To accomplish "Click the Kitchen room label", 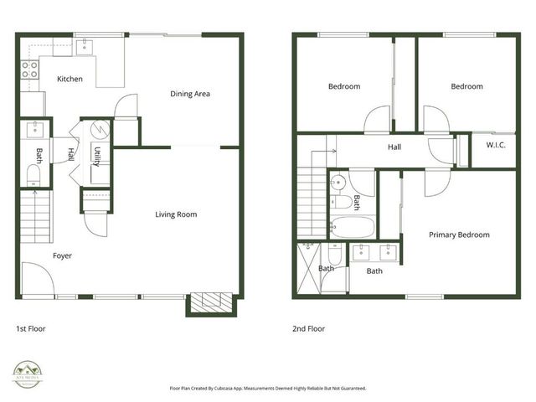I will pos(70,79).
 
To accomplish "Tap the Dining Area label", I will pos(190,94).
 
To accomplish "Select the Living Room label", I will pos(176,214).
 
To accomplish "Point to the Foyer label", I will pos(63,255).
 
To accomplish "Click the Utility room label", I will pos(98,156).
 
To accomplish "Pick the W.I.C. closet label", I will pos(496,145).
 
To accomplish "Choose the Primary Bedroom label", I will pos(459,234).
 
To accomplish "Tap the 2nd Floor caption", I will pos(307,329).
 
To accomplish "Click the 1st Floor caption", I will pos(32,329).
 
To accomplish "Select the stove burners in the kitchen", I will pos(29,70).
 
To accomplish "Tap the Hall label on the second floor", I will pos(394,147).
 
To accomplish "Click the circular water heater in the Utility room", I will pos(98,131).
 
